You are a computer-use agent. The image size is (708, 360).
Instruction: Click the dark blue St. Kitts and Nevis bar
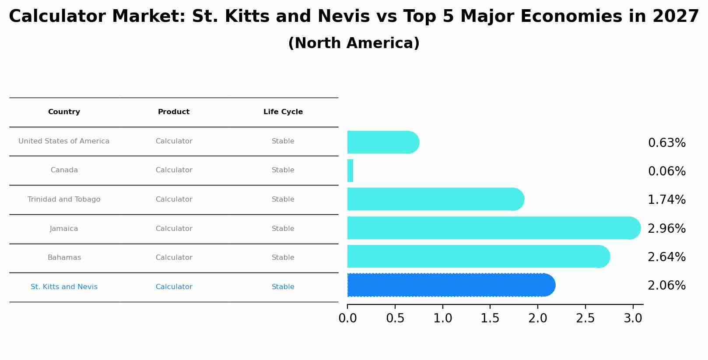(451, 285)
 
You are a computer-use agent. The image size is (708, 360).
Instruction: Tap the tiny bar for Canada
(350, 171)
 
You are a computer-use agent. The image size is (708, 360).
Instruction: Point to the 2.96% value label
(666, 229)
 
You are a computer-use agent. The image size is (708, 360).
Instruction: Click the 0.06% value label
(666, 171)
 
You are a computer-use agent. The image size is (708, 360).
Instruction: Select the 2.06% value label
(666, 286)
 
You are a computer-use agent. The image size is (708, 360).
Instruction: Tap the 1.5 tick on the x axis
(490, 318)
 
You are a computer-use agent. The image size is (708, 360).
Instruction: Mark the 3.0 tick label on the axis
(633, 318)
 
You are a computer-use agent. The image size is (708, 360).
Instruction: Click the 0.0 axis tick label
(347, 318)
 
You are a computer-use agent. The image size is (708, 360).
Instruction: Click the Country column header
(64, 112)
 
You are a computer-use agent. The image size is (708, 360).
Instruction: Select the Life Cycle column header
(283, 112)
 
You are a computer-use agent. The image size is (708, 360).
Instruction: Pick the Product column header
(174, 112)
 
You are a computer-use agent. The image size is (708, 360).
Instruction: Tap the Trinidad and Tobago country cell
(64, 199)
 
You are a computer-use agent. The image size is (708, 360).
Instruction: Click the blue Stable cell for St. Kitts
(283, 287)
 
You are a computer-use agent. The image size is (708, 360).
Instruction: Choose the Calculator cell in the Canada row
(174, 170)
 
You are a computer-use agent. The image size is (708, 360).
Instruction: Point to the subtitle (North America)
(354, 43)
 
